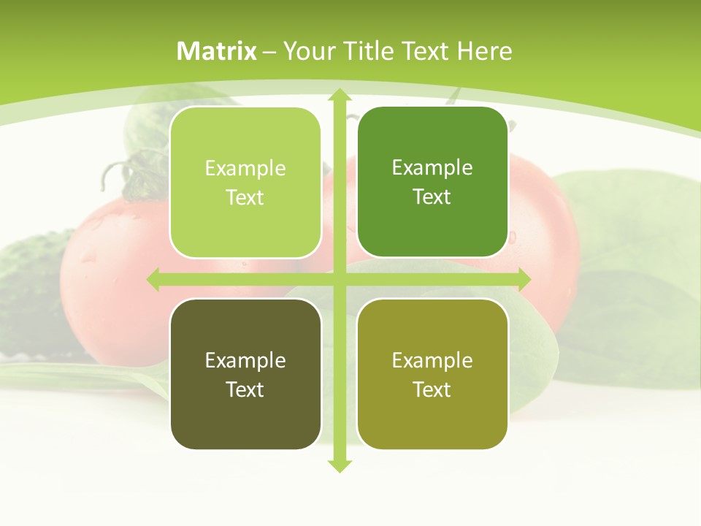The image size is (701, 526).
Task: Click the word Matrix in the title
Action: (x=217, y=51)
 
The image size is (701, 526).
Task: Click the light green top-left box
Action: (x=245, y=183)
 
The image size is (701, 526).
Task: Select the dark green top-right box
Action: (x=432, y=182)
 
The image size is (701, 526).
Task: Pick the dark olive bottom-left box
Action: (x=245, y=374)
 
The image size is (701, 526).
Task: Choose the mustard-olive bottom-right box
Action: (x=432, y=374)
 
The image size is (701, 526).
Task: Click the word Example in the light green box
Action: (x=245, y=169)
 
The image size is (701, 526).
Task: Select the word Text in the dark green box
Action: (x=432, y=197)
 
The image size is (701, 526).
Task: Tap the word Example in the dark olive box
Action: (x=245, y=360)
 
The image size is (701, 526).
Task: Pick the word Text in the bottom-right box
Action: (x=432, y=389)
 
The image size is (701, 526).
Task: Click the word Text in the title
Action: (x=425, y=51)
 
